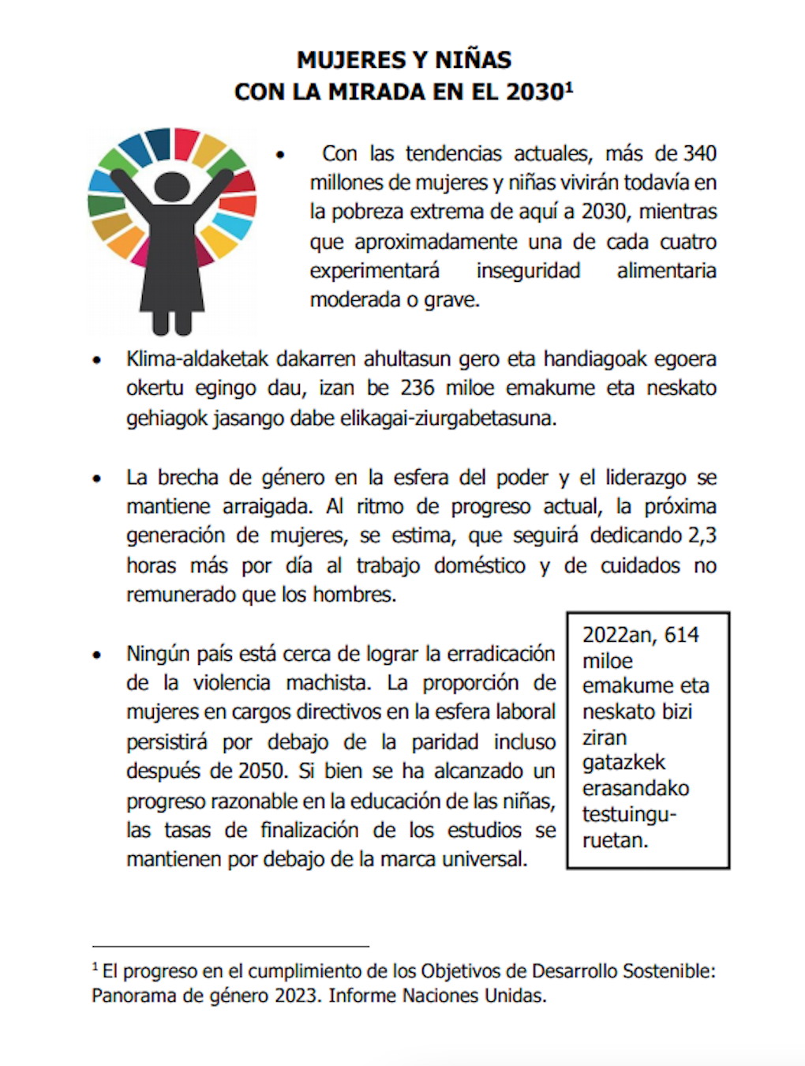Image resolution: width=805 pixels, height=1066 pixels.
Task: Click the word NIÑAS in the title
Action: [x=472, y=60]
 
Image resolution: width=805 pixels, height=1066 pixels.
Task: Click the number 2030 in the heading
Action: [x=534, y=92]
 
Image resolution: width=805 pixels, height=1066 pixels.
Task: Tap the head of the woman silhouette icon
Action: [x=172, y=187]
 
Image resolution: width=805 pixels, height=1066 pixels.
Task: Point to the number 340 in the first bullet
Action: [x=699, y=153]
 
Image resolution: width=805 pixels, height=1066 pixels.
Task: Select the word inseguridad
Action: [x=528, y=271]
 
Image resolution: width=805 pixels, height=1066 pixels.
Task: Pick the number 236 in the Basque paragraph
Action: [x=417, y=388]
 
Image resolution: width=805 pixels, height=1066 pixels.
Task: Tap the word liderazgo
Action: [x=646, y=478]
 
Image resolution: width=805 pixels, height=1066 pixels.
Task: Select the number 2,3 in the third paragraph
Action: [x=702, y=535]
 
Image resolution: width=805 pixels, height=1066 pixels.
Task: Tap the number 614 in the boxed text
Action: [x=681, y=635]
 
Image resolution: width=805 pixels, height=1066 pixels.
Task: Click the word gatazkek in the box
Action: [x=623, y=763]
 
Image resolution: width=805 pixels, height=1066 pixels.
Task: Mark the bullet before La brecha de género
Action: [x=97, y=479]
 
